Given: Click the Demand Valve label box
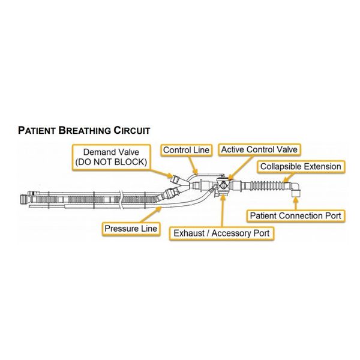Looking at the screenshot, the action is coord(112,157).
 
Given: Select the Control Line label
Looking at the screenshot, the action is coord(186,150).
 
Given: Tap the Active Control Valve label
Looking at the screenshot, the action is coord(259,149).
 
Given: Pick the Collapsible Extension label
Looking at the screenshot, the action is coord(301,166).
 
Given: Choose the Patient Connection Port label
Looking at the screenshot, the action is coord(295,216).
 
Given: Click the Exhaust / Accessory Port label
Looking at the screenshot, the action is coord(221,233).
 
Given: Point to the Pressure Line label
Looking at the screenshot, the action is coord(131,229).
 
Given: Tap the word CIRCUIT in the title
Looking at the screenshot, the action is coord(132,130).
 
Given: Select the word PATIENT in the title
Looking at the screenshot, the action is coord(37,130).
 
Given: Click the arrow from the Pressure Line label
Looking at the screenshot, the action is coord(150,215).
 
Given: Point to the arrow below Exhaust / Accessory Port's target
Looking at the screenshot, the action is coord(222,211).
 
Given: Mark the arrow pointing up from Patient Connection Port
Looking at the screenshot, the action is coord(296,203).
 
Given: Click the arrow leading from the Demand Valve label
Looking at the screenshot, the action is coord(162,174).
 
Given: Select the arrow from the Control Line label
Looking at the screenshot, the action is coord(193,165).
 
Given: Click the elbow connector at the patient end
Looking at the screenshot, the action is coord(295,189).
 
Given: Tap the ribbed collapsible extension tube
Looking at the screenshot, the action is coord(267,186).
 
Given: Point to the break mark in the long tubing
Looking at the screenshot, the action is coord(121,199).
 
